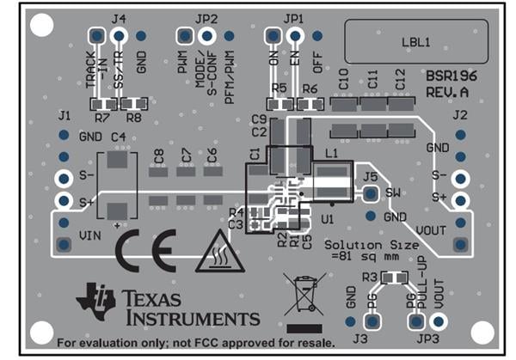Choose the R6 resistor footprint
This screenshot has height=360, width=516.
tap(309, 103)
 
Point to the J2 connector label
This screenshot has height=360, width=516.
tap(460, 114)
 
